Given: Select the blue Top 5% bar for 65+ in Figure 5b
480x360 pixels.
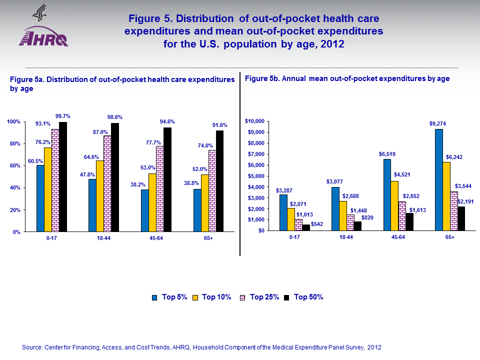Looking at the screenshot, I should pos(438,180).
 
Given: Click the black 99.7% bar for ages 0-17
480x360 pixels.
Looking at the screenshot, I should pos(63,177).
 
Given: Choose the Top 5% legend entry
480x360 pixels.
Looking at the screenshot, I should pos(169,297).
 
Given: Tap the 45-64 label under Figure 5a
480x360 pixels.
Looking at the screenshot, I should pos(156,238).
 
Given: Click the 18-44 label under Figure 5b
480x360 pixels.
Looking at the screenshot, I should pos(346,237).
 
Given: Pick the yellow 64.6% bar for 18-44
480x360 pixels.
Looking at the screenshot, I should pos(100,196).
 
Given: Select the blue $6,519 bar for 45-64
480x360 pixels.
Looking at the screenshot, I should pos(387,195).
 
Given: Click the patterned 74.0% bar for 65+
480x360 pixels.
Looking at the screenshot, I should pos(212,191).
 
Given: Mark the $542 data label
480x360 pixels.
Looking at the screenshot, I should pos(317,224).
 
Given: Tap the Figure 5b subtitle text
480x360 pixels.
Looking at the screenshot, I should pos(347,78).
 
